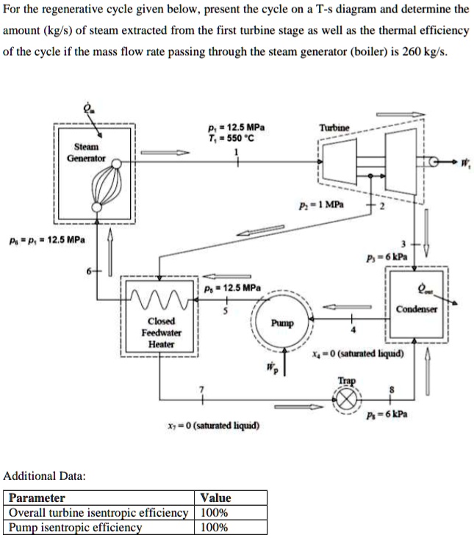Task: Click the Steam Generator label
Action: click(86, 152)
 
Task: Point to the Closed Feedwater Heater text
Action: click(161, 332)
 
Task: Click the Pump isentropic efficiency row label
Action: click(74, 527)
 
